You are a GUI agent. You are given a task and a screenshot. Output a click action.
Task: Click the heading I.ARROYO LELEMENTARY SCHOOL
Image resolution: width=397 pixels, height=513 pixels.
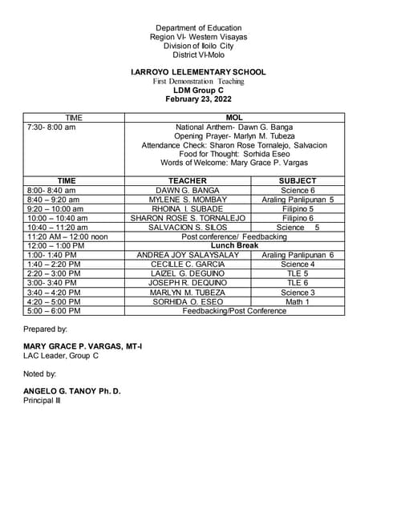tap(198, 72)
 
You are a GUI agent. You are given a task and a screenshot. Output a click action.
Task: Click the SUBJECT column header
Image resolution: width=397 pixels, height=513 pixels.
tap(298, 180)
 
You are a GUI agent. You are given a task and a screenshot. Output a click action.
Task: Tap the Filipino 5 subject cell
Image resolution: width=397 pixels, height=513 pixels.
tap(298, 208)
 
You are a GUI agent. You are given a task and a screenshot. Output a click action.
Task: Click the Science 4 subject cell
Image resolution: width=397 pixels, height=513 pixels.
tap(298, 264)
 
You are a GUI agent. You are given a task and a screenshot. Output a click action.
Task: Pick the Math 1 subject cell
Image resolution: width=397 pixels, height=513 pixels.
tap(298, 301)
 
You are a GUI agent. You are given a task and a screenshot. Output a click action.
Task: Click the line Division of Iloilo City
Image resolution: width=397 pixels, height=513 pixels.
tap(198, 46)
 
